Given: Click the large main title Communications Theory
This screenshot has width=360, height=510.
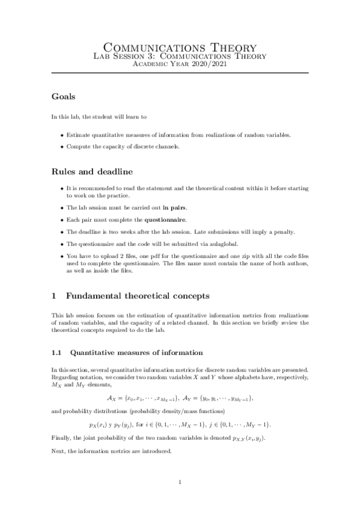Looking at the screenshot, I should (180, 47).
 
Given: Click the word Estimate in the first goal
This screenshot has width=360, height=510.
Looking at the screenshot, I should (79, 135).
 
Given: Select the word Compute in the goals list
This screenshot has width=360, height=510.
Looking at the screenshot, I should (79, 147).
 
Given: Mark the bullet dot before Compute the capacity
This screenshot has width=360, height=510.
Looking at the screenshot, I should (63, 147).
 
